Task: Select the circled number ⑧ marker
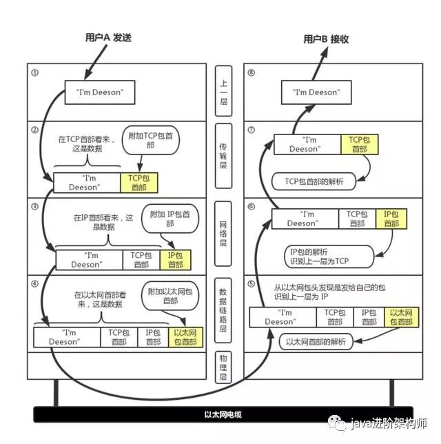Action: (252, 72)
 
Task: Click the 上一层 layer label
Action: (225, 92)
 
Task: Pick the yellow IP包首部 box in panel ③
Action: (174, 260)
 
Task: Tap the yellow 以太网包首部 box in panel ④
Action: (186, 336)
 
